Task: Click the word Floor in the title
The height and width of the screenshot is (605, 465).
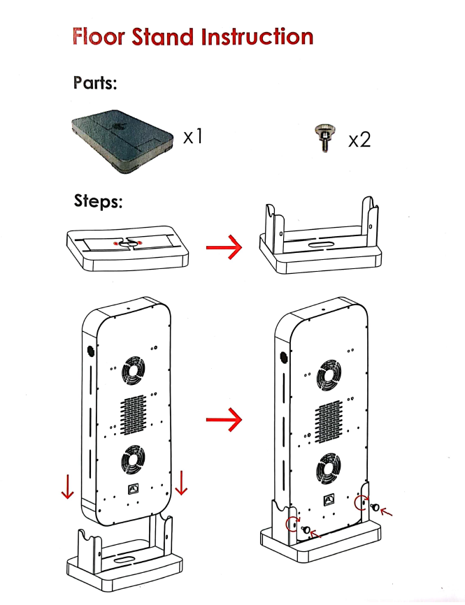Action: tap(98, 36)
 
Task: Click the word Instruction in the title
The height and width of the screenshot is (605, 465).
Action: tap(257, 36)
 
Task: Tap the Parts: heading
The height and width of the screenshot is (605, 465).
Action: tap(94, 83)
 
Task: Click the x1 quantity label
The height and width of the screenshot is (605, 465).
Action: tap(192, 136)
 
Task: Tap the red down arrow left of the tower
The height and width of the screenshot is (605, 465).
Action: tap(67, 485)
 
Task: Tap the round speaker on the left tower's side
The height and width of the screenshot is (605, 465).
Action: tap(90, 351)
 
